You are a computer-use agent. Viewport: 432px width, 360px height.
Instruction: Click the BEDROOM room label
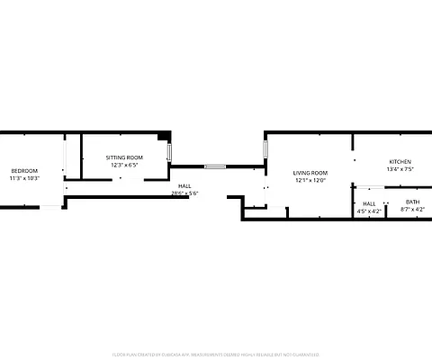[x=24, y=171]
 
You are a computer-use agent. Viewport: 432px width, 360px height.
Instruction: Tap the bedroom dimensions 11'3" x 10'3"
[x=24, y=178]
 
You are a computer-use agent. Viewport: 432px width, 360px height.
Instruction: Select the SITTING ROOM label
[x=124, y=157]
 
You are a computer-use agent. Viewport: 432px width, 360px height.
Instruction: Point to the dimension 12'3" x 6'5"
[x=124, y=165]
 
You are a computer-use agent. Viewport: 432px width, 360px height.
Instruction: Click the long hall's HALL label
[x=184, y=185]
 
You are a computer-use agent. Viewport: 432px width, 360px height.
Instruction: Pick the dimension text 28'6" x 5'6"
[x=184, y=193]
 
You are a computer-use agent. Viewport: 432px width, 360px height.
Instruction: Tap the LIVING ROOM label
[x=310, y=173]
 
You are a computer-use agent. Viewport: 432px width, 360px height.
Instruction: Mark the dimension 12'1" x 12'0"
[x=310, y=180]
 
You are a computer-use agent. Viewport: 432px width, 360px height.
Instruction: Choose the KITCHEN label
[x=400, y=162]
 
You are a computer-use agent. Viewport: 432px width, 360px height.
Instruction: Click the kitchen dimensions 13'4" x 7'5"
[x=400, y=169]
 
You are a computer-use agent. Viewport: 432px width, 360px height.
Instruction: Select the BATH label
[x=412, y=202]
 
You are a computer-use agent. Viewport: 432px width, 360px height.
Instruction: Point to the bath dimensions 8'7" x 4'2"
[x=412, y=209]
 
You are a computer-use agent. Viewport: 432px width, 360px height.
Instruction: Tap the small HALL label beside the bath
[x=369, y=203]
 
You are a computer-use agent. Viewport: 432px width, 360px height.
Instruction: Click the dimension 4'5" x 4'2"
[x=369, y=211]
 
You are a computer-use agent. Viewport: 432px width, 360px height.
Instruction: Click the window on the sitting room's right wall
[x=169, y=152]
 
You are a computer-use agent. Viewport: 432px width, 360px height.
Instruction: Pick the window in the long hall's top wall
[x=214, y=166]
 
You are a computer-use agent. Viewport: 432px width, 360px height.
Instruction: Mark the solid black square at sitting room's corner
[x=163, y=137]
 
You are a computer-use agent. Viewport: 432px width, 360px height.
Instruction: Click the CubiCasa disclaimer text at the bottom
[x=216, y=355]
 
